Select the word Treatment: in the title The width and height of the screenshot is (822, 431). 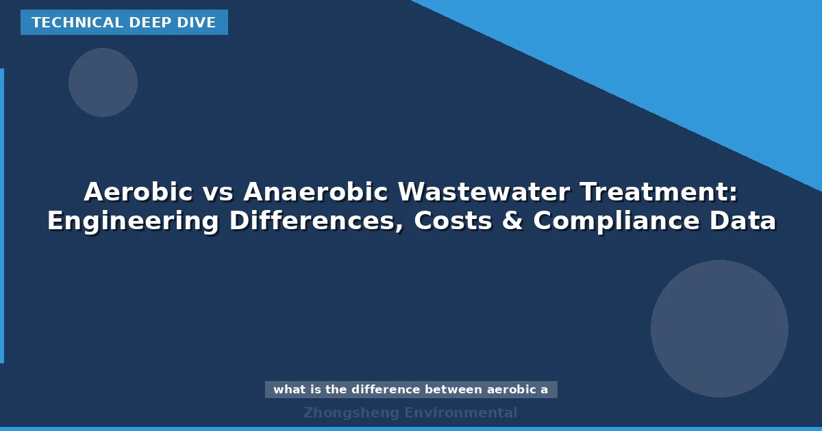click(x=659, y=192)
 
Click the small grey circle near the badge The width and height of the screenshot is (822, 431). click(x=103, y=82)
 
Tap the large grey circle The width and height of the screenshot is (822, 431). click(x=719, y=328)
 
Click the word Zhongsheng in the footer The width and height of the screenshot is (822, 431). click(x=351, y=413)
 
